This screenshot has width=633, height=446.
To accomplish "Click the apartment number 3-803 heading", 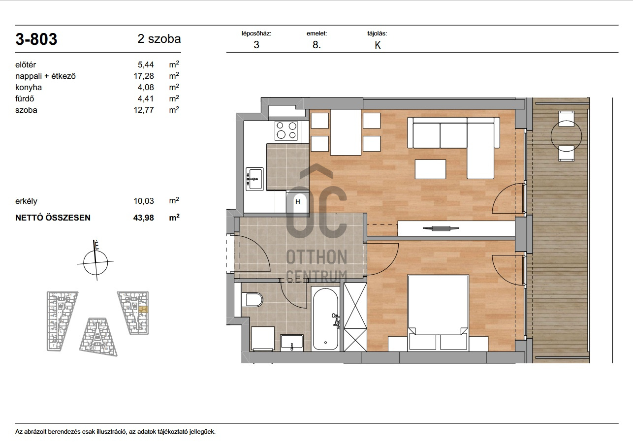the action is (36, 39).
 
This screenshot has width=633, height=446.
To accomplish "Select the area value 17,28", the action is (144, 76).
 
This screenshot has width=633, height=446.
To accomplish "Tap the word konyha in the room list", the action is (28, 87).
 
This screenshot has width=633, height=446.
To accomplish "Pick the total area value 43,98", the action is (144, 218).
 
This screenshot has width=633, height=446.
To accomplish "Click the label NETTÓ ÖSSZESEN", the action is (53, 218).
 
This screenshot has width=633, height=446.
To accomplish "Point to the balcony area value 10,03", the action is (144, 201).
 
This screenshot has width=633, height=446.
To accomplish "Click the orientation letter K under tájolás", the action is (378, 45).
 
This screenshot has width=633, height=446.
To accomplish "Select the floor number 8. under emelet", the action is (316, 45).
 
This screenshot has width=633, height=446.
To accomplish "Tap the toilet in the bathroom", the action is (253, 300).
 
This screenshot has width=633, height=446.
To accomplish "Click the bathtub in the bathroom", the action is (325, 319).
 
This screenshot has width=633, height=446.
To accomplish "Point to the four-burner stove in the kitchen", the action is (286, 130).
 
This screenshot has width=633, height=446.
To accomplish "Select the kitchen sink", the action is (254, 179).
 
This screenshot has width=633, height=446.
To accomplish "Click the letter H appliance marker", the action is (298, 201).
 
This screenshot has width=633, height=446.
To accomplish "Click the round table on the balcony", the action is (567, 136).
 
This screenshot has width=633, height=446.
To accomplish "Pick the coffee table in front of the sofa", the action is (430, 169).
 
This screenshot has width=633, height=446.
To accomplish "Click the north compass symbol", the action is (96, 262).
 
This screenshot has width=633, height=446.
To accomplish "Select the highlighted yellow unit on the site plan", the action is (143, 309).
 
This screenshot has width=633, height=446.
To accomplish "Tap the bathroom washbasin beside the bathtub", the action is (291, 343).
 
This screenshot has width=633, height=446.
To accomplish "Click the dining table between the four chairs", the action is (346, 132).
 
